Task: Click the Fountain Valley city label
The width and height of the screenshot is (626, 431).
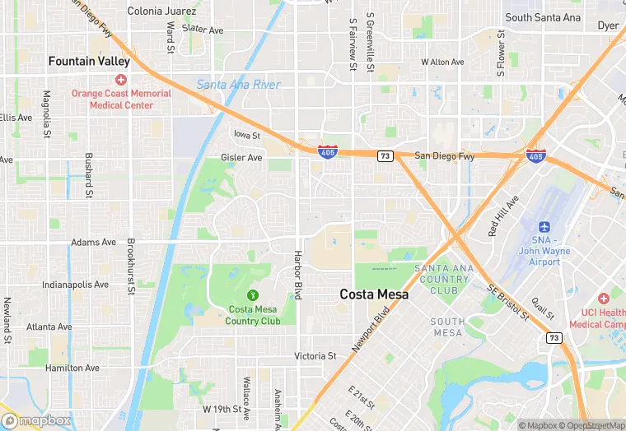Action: coord(89,61)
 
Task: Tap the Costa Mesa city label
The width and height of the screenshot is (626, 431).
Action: coord(374,294)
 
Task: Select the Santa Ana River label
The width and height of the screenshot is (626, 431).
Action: coord(238,85)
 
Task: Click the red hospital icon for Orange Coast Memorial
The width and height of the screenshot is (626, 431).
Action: coord(121,80)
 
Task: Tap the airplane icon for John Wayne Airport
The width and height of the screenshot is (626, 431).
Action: coord(544,227)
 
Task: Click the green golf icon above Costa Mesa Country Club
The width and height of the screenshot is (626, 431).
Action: coord(253,295)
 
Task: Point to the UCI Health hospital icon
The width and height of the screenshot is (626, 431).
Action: coord(604,297)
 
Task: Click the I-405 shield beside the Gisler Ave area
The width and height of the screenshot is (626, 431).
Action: coord(327,152)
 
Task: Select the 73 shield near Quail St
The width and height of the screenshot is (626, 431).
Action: coord(554,337)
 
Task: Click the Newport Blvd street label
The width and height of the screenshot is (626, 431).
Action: coord(371,329)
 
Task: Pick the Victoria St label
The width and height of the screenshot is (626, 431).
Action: coord(315,356)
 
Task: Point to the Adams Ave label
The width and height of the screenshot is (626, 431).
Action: coord(94,243)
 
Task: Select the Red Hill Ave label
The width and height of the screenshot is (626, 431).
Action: coord(503,215)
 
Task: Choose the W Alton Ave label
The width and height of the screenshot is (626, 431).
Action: coord(442,62)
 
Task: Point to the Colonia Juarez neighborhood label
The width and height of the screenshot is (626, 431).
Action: coord(162,12)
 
